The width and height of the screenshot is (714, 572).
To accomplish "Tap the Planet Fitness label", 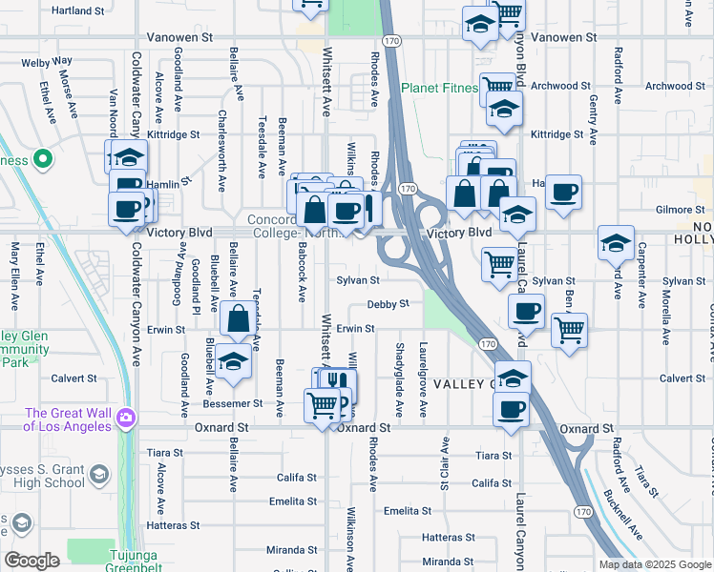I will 439,89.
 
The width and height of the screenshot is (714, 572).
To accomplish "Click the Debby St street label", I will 388,304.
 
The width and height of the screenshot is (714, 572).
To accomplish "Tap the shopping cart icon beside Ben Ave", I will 569,331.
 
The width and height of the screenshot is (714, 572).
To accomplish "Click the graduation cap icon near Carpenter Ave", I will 617,242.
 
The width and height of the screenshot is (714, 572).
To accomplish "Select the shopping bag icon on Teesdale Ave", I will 239,318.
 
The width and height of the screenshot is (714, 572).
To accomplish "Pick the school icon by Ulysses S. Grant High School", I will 98,475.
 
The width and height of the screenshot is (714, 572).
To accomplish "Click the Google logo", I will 31,561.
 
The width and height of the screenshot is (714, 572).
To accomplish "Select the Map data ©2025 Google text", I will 655,564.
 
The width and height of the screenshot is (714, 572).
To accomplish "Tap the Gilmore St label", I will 680,210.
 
